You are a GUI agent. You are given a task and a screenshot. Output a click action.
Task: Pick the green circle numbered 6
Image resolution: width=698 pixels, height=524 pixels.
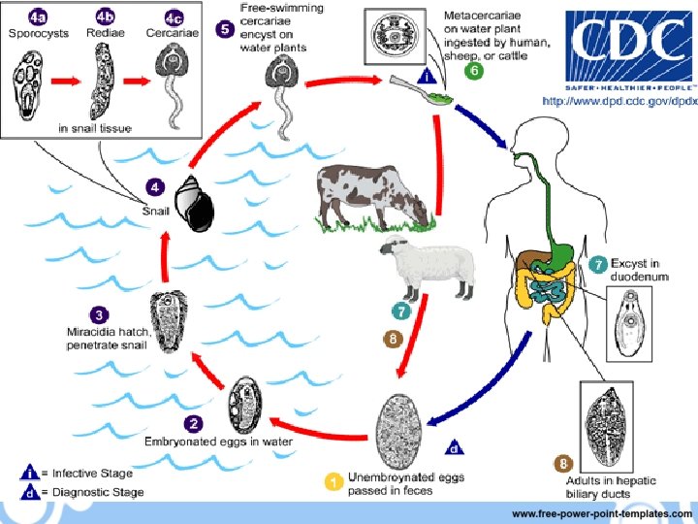(x=473, y=72)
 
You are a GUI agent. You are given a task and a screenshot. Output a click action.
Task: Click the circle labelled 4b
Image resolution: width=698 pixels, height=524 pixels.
(x=102, y=16)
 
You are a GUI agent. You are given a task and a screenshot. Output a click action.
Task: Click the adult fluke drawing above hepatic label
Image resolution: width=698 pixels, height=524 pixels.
(x=607, y=428)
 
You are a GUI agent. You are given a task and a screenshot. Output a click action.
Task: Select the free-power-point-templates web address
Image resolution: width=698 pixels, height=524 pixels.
(x=601, y=513)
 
